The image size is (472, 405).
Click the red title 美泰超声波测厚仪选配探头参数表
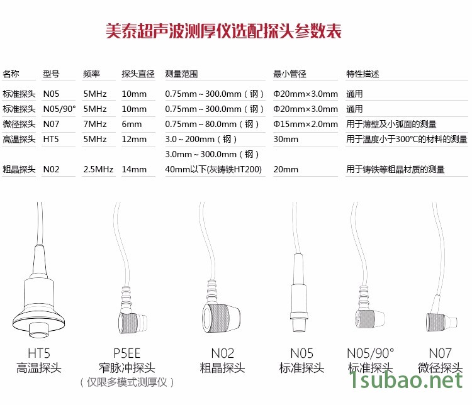coord(223,31)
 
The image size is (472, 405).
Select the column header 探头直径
coord(138,74)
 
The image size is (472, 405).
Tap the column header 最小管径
coord(289,74)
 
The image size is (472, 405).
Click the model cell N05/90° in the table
coord(59,109)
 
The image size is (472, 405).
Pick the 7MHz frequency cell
coord(95,124)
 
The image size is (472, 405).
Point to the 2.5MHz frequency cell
coord(98,169)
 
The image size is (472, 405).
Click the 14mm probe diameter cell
coord(134,169)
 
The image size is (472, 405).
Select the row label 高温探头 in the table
coord(19,139)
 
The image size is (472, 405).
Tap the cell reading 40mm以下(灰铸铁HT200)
coord(213,169)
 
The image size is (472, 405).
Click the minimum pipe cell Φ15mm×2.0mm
coord(305,124)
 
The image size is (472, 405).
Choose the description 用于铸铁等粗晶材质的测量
coord(395,169)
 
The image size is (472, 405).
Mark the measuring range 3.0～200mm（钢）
coord(201,139)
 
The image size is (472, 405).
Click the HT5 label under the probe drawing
coord(39,353)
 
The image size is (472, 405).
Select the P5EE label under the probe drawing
coord(126,353)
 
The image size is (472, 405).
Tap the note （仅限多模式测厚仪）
coord(126,382)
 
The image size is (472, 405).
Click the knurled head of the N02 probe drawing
coord(215,318)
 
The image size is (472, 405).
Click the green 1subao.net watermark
coord(406,380)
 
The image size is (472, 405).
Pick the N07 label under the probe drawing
coord(440,353)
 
